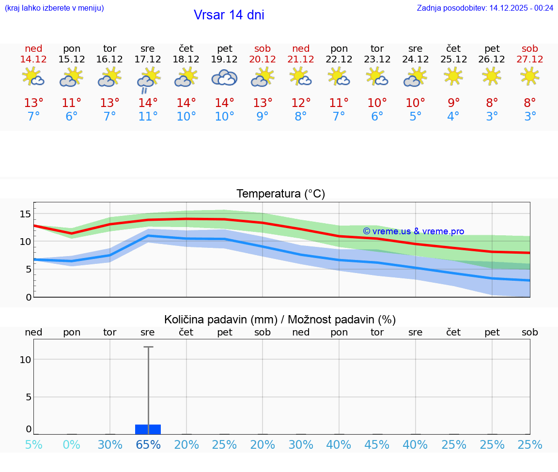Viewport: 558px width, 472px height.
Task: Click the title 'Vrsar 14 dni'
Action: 229,15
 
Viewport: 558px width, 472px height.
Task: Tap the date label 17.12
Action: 148,59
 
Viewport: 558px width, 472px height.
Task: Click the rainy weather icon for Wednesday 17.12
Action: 148,79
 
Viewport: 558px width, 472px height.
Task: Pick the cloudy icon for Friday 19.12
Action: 224,78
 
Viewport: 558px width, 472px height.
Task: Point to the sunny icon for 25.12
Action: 453,76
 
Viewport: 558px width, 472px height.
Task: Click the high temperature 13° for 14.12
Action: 33,103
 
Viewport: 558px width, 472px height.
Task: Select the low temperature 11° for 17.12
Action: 148,117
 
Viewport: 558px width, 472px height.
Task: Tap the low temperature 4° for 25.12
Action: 453,117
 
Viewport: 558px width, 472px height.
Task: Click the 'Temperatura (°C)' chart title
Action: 280,194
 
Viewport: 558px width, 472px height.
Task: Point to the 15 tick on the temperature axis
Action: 26,214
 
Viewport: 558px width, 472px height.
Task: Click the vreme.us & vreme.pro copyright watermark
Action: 413,231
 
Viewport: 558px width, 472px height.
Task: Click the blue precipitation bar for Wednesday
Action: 148,429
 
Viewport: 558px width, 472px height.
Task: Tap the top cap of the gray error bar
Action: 148,347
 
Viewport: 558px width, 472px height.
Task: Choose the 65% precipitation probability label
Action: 148,444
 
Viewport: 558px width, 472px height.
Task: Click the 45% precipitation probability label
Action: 377,444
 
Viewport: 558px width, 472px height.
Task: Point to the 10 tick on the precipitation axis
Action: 26,359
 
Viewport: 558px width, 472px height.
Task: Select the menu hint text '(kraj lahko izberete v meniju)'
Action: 54,8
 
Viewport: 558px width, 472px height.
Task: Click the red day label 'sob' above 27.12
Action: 530,48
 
